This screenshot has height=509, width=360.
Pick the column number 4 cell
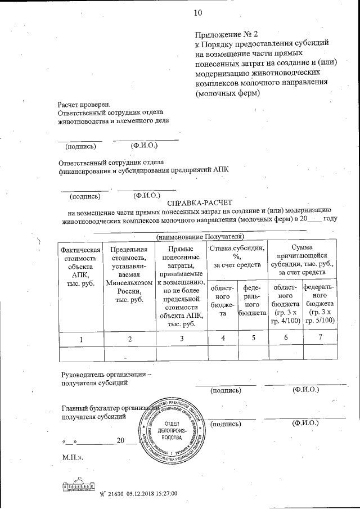[222, 338]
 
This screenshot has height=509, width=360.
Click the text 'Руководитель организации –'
[106, 374]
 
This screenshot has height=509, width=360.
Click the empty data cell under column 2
[130, 353]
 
